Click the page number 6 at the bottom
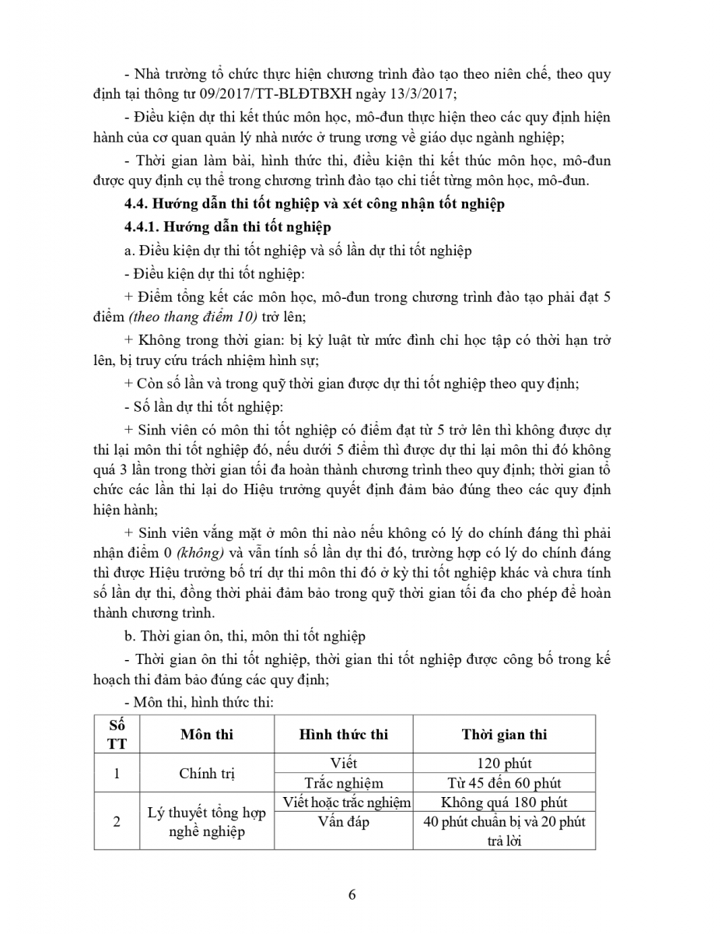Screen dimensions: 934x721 pyautogui.click(x=352, y=894)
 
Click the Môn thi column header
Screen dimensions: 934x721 pyautogui.click(x=206, y=734)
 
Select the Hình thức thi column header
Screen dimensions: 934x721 pyautogui.click(x=344, y=734)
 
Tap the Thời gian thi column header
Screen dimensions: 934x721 pyautogui.click(x=504, y=734)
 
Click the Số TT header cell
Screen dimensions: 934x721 pyautogui.click(x=117, y=734)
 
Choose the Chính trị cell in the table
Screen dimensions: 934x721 pyautogui.click(x=206, y=773)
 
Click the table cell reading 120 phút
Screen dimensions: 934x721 pyautogui.click(x=504, y=764)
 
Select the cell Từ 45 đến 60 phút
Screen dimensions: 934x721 pyautogui.click(x=504, y=783)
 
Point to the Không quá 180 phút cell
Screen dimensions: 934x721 pyautogui.click(x=504, y=802)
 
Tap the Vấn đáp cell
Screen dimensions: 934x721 pyautogui.click(x=344, y=822)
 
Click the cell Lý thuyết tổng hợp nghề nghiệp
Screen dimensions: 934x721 pyautogui.click(x=206, y=822)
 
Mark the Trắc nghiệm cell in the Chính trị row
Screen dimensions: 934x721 pyautogui.click(x=344, y=783)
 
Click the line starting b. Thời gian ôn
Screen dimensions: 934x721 pyautogui.click(x=245, y=636)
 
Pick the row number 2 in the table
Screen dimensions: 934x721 pyautogui.click(x=117, y=821)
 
